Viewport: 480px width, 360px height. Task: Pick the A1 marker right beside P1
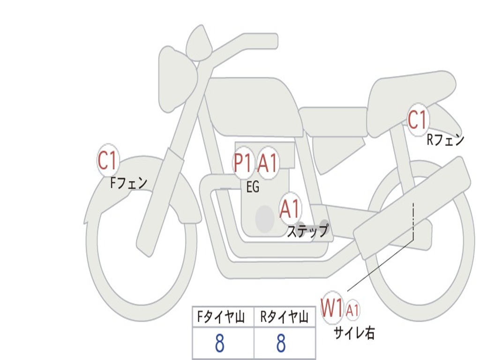pyautogui.click(x=268, y=163)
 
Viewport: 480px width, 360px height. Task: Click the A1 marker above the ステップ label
pyautogui.click(x=290, y=209)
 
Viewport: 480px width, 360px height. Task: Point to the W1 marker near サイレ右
pyautogui.click(x=332, y=307)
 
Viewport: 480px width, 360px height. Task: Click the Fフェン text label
pyautogui.click(x=128, y=183)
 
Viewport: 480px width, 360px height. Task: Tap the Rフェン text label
pyautogui.click(x=445, y=140)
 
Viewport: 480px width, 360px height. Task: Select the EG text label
pyautogui.click(x=253, y=187)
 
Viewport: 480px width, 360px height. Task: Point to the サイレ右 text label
pyautogui.click(x=354, y=333)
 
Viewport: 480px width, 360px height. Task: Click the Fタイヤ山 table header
pyautogui.click(x=221, y=317)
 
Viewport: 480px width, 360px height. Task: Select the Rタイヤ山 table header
pyautogui.click(x=284, y=317)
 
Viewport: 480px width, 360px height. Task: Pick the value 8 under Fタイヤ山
pyautogui.click(x=220, y=343)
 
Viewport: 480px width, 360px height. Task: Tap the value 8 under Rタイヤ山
pyautogui.click(x=281, y=343)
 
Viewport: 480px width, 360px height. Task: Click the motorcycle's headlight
pyautogui.click(x=178, y=79)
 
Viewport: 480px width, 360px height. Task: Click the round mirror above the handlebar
pyautogui.click(x=199, y=43)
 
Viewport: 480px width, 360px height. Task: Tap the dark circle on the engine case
pyautogui.click(x=265, y=219)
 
